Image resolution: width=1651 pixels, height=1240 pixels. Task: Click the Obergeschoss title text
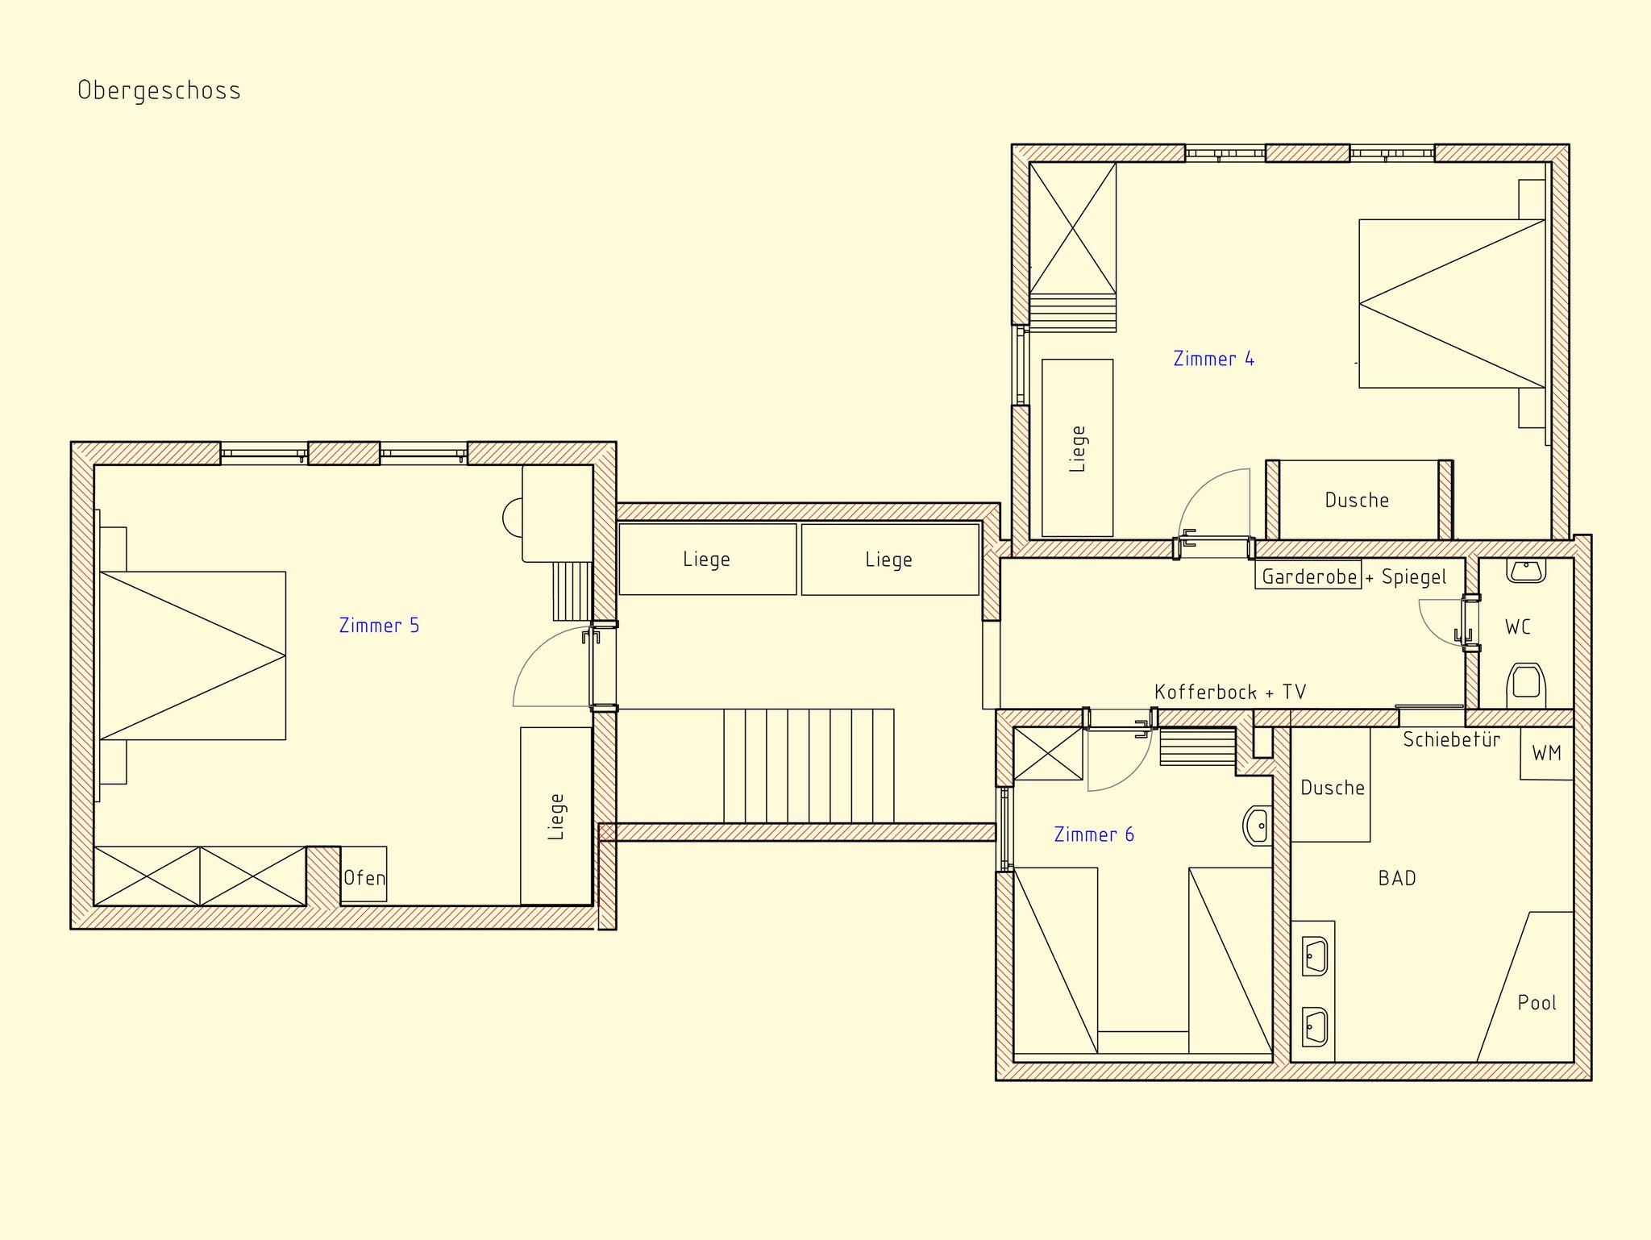[159, 90]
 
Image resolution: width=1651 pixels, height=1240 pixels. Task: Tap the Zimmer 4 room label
[1213, 359]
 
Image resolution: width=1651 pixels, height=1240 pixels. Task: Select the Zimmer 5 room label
[379, 626]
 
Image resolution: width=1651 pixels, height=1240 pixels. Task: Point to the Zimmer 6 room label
[1094, 834]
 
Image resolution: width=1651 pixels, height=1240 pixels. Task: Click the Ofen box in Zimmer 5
[364, 874]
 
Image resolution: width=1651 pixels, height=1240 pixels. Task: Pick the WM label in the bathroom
[1546, 753]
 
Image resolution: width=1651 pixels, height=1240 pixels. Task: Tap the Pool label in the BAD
[1537, 1002]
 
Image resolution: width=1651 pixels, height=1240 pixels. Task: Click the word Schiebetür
[1451, 739]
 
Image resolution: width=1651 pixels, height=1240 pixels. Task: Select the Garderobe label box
[1308, 575]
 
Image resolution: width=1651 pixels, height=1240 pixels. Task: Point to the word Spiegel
[1414, 577]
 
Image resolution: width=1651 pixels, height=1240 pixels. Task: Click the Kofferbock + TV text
[1230, 692]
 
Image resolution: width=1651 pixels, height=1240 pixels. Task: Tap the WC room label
[1517, 626]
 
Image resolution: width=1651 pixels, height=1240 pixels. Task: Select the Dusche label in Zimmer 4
[1357, 501]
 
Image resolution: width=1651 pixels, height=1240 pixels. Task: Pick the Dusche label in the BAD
[1333, 788]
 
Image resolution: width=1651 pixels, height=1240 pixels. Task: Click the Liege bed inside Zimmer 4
[1077, 447]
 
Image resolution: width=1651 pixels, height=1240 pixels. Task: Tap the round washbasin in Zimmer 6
[1258, 826]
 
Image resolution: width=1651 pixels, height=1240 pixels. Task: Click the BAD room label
[1397, 878]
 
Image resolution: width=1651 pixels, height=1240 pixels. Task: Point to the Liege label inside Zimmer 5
[556, 817]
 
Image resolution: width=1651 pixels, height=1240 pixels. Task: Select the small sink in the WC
[1526, 570]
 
